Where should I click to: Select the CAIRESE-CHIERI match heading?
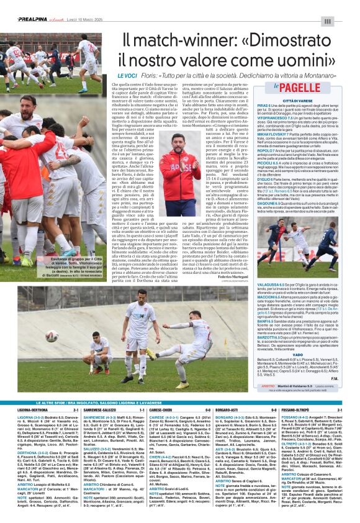coord(161,410)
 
